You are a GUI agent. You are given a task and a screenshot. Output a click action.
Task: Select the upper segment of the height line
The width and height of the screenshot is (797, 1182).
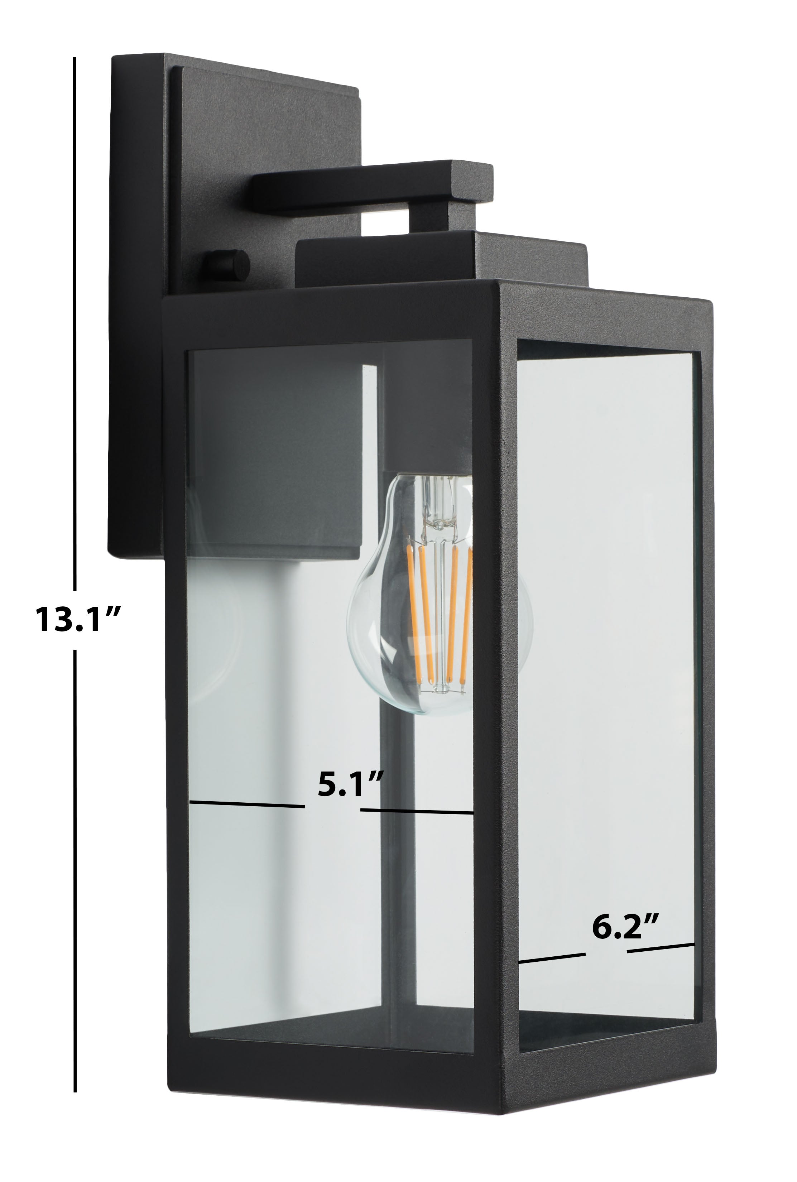click(75, 324)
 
